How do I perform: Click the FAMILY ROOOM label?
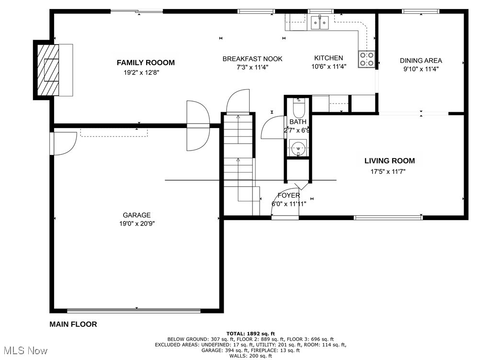click(146, 62)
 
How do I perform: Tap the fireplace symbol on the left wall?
click(50, 70)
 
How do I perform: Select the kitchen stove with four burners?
click(367, 59)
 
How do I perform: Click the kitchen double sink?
click(319, 22)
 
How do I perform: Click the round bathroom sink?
click(299, 148)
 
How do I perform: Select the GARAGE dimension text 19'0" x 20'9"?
click(137, 223)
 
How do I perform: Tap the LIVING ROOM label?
click(389, 161)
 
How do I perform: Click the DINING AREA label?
click(421, 60)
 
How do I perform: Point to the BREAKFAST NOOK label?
click(252, 59)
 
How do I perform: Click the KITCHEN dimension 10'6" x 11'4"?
click(329, 67)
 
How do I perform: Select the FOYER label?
click(289, 196)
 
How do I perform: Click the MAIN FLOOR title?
click(73, 325)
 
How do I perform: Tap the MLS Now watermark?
click(24, 351)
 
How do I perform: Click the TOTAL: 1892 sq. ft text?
click(250, 333)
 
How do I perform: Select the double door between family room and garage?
click(197, 126)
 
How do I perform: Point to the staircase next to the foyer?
click(239, 163)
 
